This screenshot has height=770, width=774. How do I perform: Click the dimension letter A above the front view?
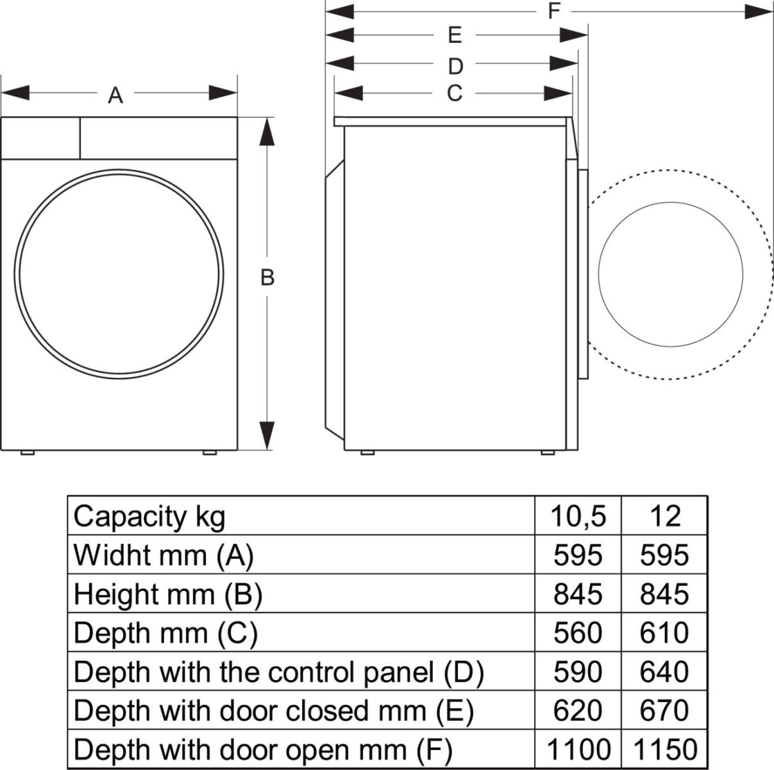[115, 96]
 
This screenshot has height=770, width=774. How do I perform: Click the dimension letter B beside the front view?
[267, 278]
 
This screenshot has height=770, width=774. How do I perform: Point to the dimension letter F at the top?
[555, 11]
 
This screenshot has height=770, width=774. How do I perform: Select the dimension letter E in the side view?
[455, 35]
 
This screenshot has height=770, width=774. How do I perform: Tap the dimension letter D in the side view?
[455, 65]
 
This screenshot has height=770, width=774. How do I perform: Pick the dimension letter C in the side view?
[454, 94]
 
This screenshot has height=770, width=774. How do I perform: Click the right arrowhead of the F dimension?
[759, 11]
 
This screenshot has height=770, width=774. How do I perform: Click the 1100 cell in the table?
[578, 749]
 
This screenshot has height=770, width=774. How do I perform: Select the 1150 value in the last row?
[664, 749]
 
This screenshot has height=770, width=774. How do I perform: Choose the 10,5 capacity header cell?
[578, 516]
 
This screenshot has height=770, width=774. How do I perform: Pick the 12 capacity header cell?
[664, 516]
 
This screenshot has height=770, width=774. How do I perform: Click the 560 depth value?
[578, 633]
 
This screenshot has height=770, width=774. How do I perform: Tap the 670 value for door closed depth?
[664, 710]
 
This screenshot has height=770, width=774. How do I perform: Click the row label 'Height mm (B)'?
[168, 594]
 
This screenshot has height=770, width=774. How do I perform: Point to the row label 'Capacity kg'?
[149, 516]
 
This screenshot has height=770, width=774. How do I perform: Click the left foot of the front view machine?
[27, 452]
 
